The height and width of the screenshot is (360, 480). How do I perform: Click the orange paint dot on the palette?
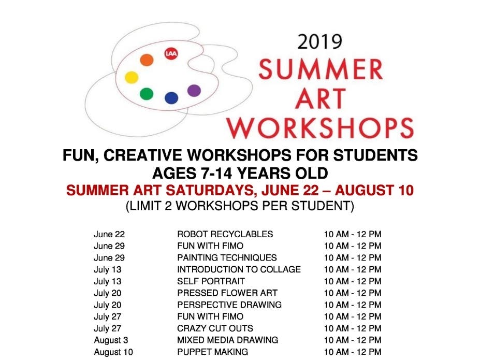pyautogui.click(x=147, y=60)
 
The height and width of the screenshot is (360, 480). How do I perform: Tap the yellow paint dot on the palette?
pyautogui.click(x=132, y=78)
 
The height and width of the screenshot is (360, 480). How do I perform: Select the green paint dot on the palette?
pyautogui.click(x=147, y=94)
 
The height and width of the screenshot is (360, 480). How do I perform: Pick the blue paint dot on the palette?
pyautogui.click(x=171, y=97)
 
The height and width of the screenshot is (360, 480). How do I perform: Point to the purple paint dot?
pyautogui.click(x=194, y=91)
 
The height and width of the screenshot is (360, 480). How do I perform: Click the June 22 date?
pyautogui.click(x=109, y=234)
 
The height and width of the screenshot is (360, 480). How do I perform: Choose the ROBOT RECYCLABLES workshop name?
pyautogui.click(x=225, y=234)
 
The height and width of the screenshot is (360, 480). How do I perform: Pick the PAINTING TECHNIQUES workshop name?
pyautogui.click(x=227, y=257)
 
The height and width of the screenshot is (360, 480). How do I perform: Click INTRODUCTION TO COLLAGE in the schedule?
pyautogui.click(x=239, y=269)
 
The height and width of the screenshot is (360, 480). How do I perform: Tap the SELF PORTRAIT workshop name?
pyautogui.click(x=211, y=281)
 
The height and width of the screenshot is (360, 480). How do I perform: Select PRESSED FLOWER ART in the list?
pyautogui.click(x=227, y=293)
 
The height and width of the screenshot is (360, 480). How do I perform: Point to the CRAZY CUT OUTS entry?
pyautogui.click(x=215, y=328)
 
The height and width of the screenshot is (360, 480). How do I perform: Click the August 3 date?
pyautogui.click(x=110, y=340)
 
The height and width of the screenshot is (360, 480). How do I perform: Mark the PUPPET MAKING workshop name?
pyautogui.click(x=212, y=352)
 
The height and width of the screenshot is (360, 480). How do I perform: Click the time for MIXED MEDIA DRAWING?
pyautogui.click(x=353, y=340)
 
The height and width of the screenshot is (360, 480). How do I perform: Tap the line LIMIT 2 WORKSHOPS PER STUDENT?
pyautogui.click(x=240, y=206)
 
